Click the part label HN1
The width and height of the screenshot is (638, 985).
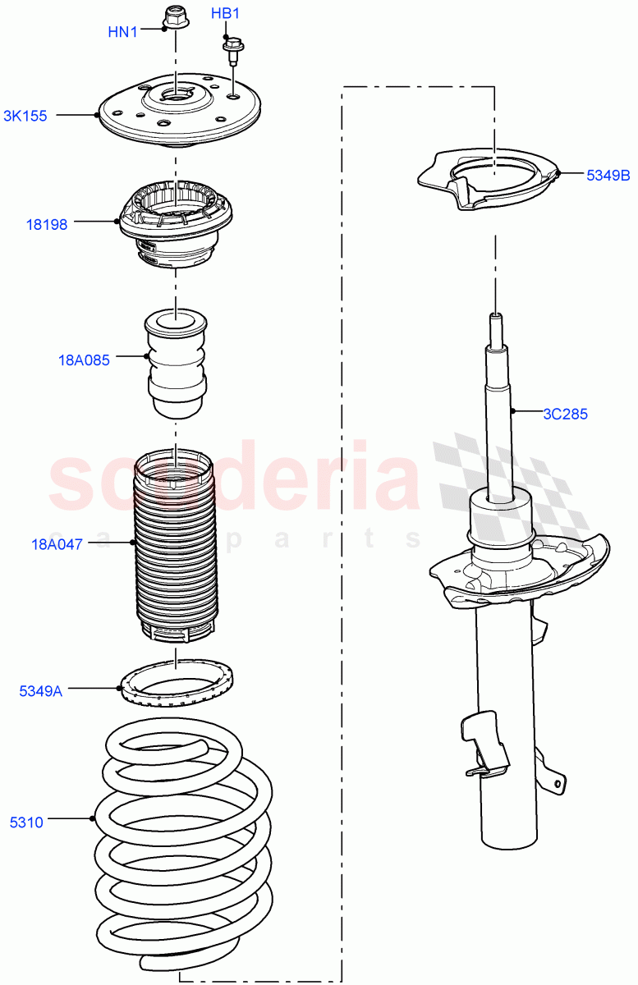(x=123, y=32)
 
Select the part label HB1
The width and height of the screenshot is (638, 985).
(x=225, y=14)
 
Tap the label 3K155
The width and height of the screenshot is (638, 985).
(x=25, y=117)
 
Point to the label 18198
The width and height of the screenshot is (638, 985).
(x=69, y=224)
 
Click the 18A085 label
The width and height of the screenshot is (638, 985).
(x=84, y=360)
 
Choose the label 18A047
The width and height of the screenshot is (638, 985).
(x=57, y=543)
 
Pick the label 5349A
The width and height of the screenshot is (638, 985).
(x=41, y=691)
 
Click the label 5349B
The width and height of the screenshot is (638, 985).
(x=608, y=175)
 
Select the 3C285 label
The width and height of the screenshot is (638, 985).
(x=565, y=414)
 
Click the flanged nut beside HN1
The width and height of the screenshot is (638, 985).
(x=174, y=16)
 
